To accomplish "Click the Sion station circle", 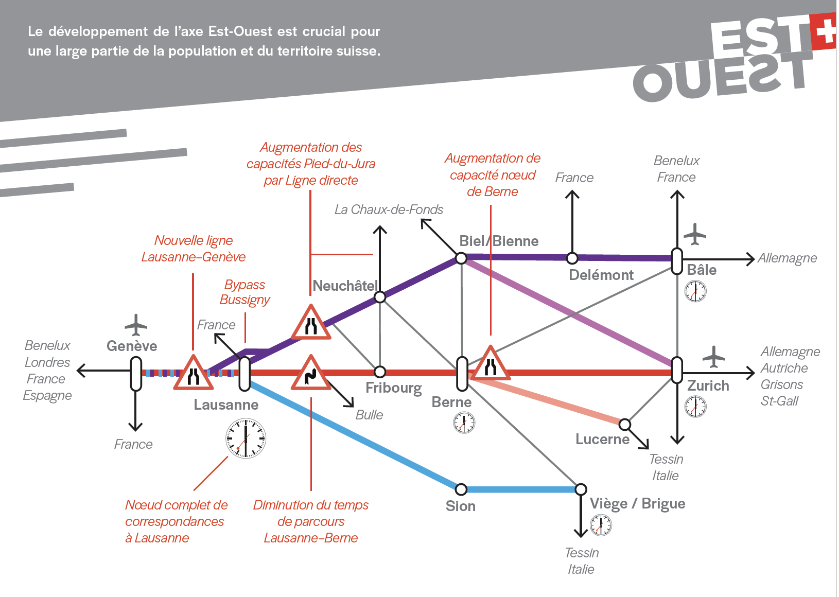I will pyautogui.click(x=461, y=489).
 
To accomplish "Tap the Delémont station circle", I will pyautogui.click(x=572, y=258).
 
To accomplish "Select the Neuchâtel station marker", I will pyautogui.click(x=380, y=297).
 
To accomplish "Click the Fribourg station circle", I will pyautogui.click(x=380, y=372).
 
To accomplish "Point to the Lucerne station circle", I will pyautogui.click(x=624, y=425).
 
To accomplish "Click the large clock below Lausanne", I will pyautogui.click(x=246, y=438).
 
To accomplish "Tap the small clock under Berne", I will pyautogui.click(x=464, y=423).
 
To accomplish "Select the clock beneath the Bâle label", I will pyautogui.click(x=695, y=291).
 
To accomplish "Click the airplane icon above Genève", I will pyautogui.click(x=136, y=325).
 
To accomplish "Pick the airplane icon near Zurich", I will pyautogui.click(x=713, y=356).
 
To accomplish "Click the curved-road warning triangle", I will pyautogui.click(x=310, y=374).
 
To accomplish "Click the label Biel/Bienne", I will pyautogui.click(x=499, y=241).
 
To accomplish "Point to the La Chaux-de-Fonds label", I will pyautogui.click(x=389, y=209).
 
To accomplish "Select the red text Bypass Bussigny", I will pyautogui.click(x=245, y=292).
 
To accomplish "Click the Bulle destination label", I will pyautogui.click(x=369, y=415).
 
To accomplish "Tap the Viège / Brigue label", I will pyautogui.click(x=637, y=503).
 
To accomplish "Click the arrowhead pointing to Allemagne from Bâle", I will pyautogui.click(x=750, y=259).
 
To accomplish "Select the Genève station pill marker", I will pyautogui.click(x=136, y=373).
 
